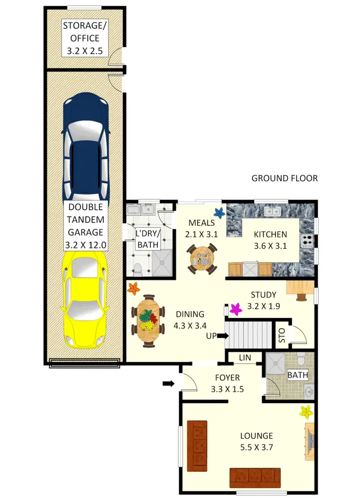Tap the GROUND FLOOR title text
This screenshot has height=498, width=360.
coord(285,178)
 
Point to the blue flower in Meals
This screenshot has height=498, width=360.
coord(219,213)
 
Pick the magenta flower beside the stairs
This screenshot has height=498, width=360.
coord(235,309)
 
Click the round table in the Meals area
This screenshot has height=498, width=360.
coord(202,259)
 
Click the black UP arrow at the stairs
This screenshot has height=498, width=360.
coord(222,336)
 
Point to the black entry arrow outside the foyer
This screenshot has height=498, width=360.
coord(168,383)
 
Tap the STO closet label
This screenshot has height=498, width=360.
coord(281,334)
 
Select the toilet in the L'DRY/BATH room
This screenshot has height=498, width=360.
coord(137,269)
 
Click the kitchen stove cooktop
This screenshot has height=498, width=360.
coord(306,239)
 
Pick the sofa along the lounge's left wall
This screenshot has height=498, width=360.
coord(197,444)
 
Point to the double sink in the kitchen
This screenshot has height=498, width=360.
coord(273,210)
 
